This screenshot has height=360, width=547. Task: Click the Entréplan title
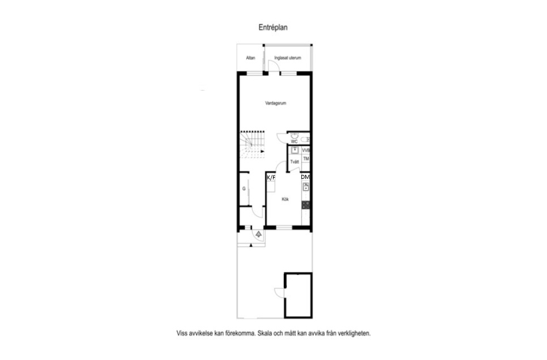[x=273, y=27]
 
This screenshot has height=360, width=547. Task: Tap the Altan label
[x=250, y=58]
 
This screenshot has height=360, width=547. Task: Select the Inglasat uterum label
[x=288, y=58]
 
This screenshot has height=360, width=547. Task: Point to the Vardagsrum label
[x=276, y=103]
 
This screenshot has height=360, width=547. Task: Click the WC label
[x=294, y=142]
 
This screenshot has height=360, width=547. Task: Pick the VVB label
[x=306, y=151]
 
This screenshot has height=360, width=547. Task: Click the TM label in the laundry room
[x=306, y=158]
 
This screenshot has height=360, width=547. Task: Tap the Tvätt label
[x=294, y=162]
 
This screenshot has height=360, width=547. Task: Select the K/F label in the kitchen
[x=271, y=178]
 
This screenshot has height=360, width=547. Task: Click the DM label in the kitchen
[x=305, y=177]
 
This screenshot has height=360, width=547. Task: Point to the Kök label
[x=285, y=200]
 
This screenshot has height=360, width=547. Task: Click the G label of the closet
[x=244, y=188]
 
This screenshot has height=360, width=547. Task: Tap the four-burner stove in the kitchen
[x=306, y=205]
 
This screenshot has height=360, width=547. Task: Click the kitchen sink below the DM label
[x=306, y=187]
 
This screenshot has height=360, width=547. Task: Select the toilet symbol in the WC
[x=305, y=140]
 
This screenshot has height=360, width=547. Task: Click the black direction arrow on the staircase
[x=262, y=151]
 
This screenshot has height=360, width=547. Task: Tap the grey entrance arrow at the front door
[x=259, y=234]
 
